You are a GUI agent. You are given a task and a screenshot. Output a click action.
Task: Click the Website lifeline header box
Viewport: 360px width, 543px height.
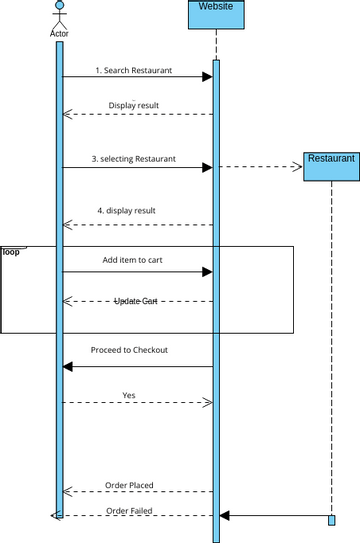pyautogui.click(x=216, y=14)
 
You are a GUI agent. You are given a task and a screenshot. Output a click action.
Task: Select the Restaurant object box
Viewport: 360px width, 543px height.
pyautogui.click(x=331, y=166)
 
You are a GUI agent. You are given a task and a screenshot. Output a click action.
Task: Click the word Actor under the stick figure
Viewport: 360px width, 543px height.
pyautogui.click(x=59, y=33)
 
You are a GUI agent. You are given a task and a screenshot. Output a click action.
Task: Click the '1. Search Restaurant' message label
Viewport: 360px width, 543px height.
pyautogui.click(x=134, y=71)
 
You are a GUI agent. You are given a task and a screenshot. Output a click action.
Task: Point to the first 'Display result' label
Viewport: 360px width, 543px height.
pyautogui.click(x=133, y=105)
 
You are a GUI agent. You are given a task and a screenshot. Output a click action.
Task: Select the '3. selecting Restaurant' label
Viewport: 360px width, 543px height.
pyautogui.click(x=135, y=159)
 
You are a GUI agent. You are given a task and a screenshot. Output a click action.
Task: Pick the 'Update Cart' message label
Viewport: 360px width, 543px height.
pyautogui.click(x=135, y=300)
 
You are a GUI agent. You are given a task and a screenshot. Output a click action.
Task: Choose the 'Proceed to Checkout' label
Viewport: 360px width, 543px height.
pyautogui.click(x=129, y=350)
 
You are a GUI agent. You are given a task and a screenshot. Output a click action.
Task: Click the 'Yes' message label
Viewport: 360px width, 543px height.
pyautogui.click(x=129, y=395)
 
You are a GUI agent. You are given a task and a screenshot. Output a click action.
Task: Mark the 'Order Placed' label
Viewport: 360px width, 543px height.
pyautogui.click(x=129, y=485)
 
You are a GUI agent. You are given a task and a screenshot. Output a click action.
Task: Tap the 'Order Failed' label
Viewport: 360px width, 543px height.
pyautogui.click(x=129, y=510)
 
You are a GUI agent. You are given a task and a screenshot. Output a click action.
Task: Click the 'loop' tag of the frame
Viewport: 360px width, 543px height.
pyautogui.click(x=11, y=252)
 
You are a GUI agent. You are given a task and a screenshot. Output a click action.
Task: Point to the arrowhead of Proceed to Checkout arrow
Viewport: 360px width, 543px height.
pyautogui.click(x=68, y=367)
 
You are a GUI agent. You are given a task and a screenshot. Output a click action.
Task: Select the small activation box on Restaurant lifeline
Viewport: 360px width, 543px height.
pyautogui.click(x=331, y=520)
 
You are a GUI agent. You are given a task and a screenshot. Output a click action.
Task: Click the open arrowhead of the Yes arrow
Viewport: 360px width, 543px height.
pyautogui.click(x=208, y=403)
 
